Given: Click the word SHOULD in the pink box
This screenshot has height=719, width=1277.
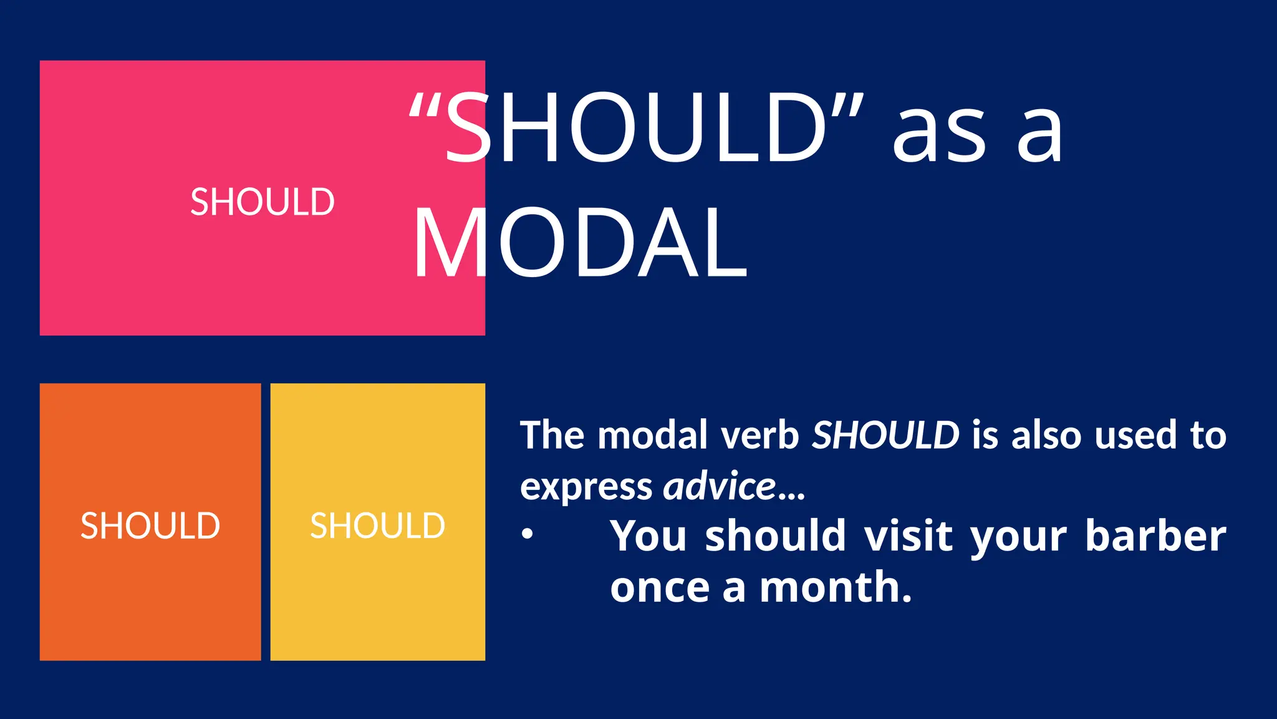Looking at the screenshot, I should click(263, 202).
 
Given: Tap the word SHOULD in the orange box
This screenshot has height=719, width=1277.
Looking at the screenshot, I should click(150, 526).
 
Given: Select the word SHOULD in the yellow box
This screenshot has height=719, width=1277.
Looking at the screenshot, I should click(378, 526).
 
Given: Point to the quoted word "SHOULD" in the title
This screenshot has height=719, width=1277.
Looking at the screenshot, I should click(636, 128).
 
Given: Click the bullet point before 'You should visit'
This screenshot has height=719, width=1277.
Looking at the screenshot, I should click(528, 534).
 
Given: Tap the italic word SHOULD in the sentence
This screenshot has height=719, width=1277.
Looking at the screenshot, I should click(885, 435).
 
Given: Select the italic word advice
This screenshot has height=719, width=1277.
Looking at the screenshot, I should click(720, 486).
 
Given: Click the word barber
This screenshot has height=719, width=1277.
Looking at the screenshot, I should click(1155, 536).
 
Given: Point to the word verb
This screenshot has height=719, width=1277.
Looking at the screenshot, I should click(761, 435).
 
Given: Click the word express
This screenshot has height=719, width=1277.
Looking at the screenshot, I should click(586, 487).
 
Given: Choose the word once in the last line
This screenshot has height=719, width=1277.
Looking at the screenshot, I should click(660, 587).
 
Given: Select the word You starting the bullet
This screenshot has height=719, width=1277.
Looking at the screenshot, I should click(648, 536).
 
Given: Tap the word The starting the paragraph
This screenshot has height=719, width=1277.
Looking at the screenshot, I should click(551, 435).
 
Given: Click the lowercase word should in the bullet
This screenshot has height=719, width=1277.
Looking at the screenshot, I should click(776, 536).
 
